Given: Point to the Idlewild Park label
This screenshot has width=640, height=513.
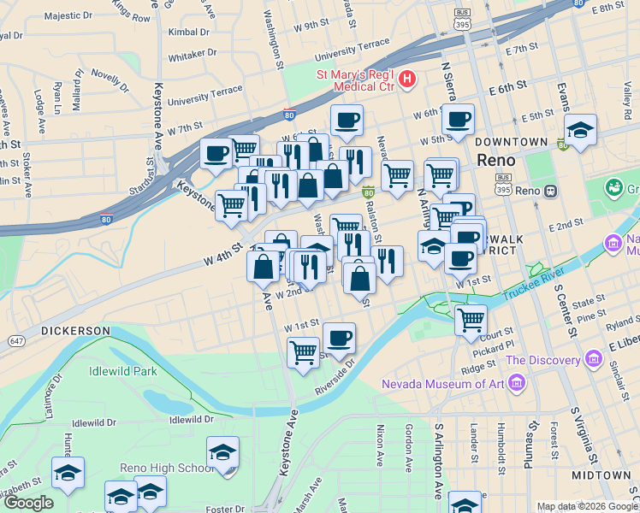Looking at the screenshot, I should (x=123, y=372).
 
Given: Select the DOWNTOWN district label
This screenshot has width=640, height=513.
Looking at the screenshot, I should (x=512, y=141).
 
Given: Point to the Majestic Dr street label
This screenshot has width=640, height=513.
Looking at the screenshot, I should (x=68, y=15).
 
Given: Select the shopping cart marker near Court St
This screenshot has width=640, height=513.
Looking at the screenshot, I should (x=471, y=320).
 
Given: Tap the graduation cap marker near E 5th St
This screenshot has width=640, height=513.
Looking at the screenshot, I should (x=581, y=130).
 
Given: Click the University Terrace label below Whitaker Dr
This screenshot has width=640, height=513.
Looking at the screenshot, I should (x=205, y=96).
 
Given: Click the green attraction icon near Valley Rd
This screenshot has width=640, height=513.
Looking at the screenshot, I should (x=614, y=186).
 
